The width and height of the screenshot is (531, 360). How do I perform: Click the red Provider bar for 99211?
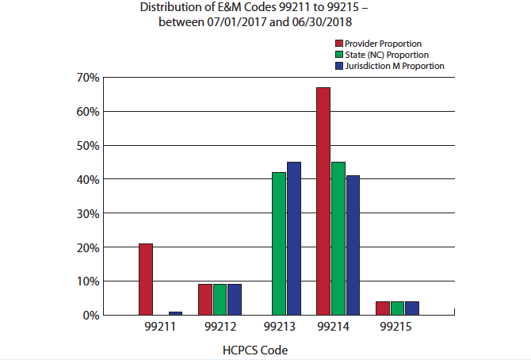[x=146, y=279]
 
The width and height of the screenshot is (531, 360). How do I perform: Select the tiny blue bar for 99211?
[x=175, y=313]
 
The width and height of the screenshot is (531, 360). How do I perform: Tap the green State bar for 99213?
[x=278, y=243]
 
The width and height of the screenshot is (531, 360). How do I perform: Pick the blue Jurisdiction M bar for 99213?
[x=294, y=239]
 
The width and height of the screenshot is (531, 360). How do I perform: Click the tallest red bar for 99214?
[x=323, y=201]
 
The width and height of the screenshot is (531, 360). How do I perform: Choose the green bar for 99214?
[x=338, y=239]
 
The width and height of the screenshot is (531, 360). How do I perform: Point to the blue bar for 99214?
[x=353, y=245]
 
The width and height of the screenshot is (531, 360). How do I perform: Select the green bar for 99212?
[x=220, y=300]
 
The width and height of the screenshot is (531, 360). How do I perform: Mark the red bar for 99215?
[x=383, y=308]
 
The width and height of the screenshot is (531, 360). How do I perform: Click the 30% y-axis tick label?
[x=87, y=213]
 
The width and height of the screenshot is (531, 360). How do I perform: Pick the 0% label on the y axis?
[x=90, y=316]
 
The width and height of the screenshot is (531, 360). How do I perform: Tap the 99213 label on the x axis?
[x=279, y=327]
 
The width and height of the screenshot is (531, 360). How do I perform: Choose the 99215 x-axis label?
[x=397, y=327]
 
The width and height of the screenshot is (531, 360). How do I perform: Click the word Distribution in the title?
[x=166, y=7]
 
